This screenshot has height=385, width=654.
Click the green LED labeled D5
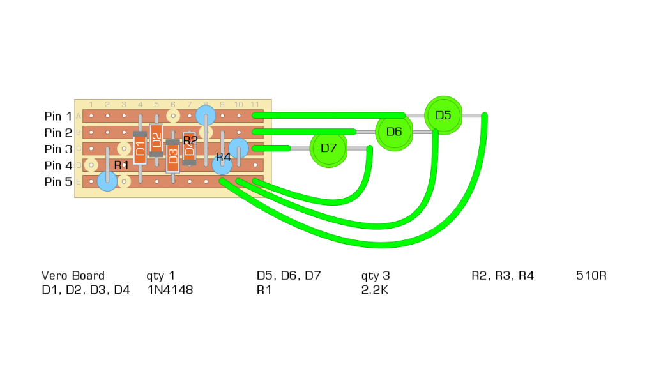click(x=443, y=115)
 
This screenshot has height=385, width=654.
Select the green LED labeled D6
click(x=394, y=132)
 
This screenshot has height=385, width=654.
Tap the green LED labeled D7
click(x=328, y=148)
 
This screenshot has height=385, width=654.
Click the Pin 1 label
click(x=58, y=116)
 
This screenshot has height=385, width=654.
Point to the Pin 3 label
click(x=58, y=149)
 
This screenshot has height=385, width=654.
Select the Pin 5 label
click(x=58, y=182)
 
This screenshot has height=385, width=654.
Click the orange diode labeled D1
click(x=140, y=151)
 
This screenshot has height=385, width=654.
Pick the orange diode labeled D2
click(x=156, y=140)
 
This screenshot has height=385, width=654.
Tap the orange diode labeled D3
click(x=172, y=156)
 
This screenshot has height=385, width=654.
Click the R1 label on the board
click(x=121, y=165)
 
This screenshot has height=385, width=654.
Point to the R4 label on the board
click(x=223, y=156)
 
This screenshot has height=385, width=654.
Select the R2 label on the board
click(x=190, y=140)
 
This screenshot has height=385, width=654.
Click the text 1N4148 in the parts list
click(x=170, y=290)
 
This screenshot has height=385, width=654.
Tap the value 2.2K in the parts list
click(x=375, y=290)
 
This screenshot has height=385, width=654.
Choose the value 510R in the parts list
click(x=591, y=276)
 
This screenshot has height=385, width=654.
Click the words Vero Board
click(x=73, y=276)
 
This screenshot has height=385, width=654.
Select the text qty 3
click(x=375, y=276)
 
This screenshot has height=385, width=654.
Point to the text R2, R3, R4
click(x=502, y=276)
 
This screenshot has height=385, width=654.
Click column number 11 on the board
click(x=254, y=104)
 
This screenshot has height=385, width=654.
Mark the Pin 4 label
click(x=58, y=166)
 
